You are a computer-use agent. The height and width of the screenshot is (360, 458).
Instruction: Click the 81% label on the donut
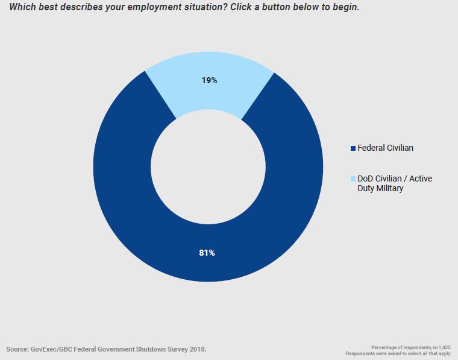207,253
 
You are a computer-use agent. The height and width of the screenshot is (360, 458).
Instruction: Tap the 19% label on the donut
209,80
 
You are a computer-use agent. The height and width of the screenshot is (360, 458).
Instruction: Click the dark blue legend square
353,148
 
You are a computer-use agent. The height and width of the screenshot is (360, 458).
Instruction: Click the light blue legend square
353,179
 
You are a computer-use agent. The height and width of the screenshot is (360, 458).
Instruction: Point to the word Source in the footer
19,349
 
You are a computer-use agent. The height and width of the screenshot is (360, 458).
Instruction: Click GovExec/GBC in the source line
57,349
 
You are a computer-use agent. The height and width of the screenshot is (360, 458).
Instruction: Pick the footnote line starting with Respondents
398,353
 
